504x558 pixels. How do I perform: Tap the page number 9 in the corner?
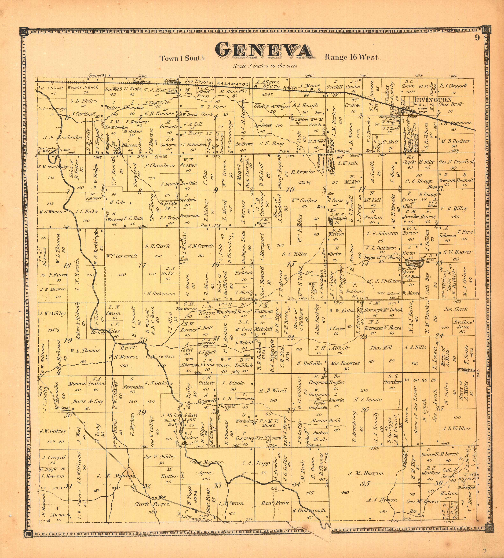(x=477, y=38)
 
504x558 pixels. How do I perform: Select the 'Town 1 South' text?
(x=182, y=58)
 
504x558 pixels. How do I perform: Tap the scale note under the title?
(x=265, y=66)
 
